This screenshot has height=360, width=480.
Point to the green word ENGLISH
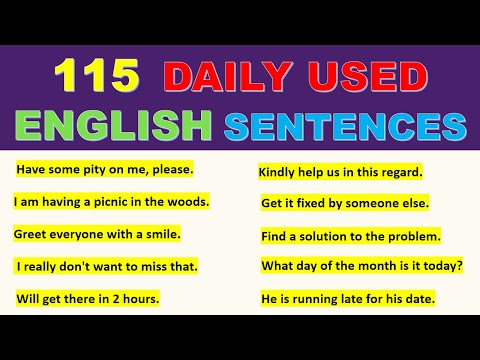click(x=113, y=126)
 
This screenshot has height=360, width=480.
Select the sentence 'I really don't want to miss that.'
click(x=107, y=266)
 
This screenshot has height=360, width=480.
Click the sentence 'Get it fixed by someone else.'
click(x=345, y=203)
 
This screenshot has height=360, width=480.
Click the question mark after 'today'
click(x=459, y=267)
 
